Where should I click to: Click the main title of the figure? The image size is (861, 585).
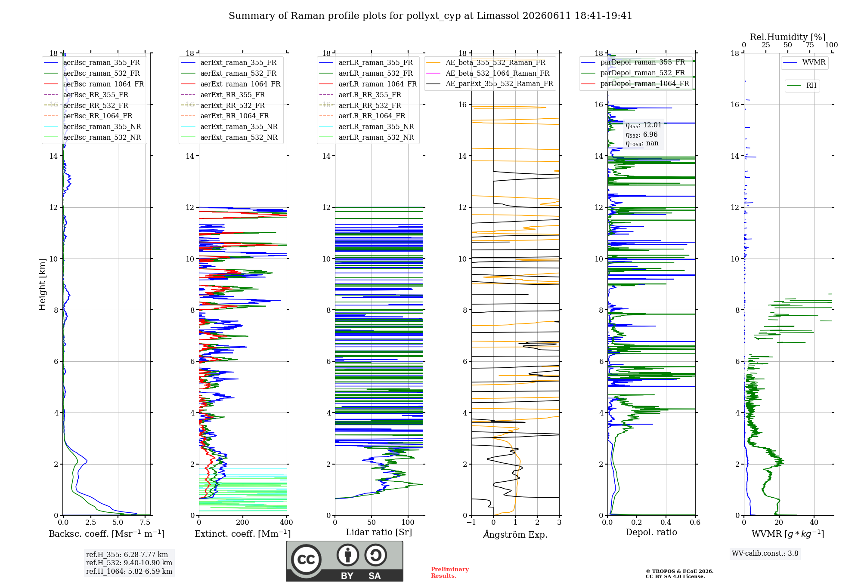(x=430, y=16)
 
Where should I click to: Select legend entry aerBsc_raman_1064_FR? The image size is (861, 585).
(x=103, y=84)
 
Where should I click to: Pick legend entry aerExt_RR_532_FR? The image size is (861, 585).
(x=232, y=105)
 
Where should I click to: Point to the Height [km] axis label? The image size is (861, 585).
(x=42, y=284)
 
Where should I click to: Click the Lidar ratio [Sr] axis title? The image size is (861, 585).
(x=379, y=532)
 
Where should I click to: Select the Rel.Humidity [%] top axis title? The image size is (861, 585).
(x=788, y=37)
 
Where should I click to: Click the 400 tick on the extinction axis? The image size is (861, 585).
(x=287, y=522)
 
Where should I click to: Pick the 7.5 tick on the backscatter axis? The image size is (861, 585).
(x=146, y=522)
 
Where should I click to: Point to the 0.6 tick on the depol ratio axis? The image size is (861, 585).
(x=695, y=522)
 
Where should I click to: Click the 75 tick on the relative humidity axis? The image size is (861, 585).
(x=810, y=45)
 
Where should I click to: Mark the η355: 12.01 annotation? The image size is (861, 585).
(x=644, y=125)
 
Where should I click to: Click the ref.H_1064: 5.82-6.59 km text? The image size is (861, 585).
(x=129, y=571)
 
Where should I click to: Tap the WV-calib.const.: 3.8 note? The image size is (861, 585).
(x=765, y=553)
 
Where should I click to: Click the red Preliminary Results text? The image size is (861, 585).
(x=450, y=573)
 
